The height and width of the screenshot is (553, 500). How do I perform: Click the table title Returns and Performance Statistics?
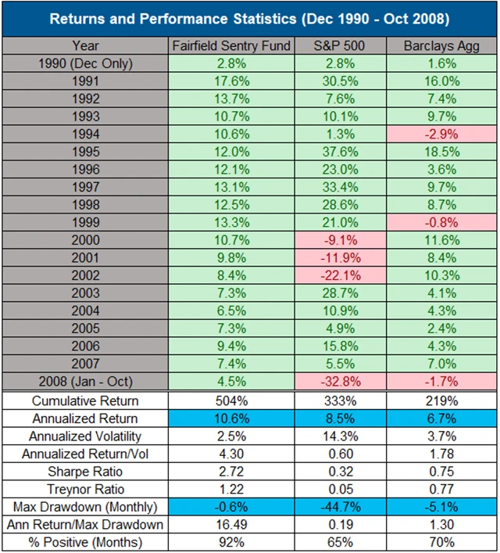click(x=250, y=18)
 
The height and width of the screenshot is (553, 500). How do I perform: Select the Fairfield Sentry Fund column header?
click(x=231, y=45)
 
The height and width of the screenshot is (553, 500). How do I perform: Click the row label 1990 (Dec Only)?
click(x=86, y=63)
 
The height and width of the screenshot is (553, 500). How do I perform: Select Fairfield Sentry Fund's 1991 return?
click(x=231, y=80)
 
